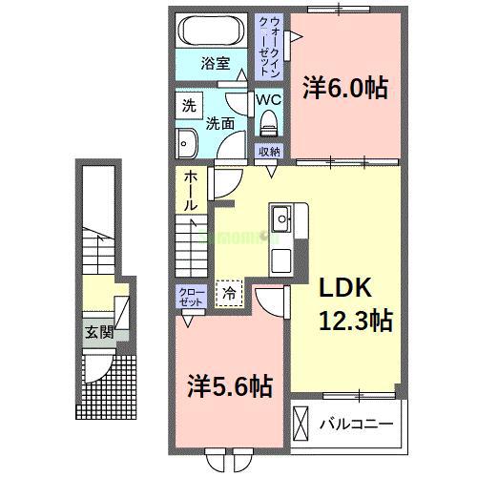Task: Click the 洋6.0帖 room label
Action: pos(345,88)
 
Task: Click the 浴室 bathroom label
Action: pos(215,64)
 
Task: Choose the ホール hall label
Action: pos(190,190)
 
